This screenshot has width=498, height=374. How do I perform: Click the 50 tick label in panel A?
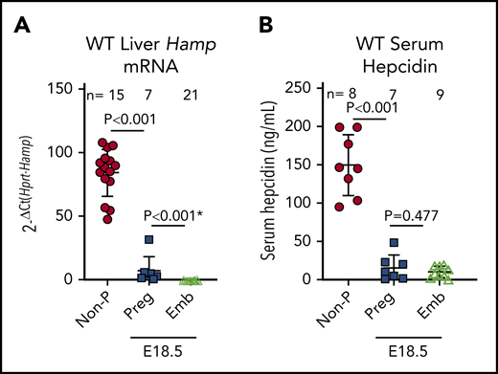click(63, 216)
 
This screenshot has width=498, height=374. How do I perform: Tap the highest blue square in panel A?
click(148, 240)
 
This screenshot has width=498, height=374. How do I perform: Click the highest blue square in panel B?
click(393, 243)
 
